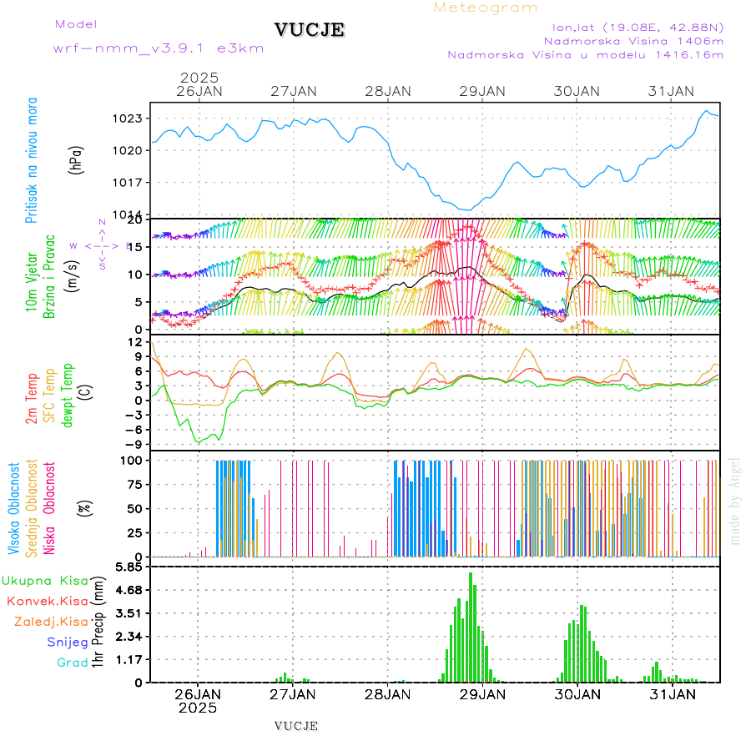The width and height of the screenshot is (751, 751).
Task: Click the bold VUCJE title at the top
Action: tap(310, 30)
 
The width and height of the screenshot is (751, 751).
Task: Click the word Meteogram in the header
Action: tap(486, 8)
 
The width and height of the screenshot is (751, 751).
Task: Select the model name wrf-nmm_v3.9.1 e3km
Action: tap(159, 48)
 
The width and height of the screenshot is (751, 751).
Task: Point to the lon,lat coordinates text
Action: tap(632, 26)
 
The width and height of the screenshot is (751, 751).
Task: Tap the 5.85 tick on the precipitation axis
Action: tap(129, 567)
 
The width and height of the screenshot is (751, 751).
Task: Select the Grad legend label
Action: tap(73, 663)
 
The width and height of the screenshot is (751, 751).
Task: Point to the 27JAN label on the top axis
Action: tap(294, 91)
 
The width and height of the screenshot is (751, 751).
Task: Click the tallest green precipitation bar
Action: tap(471, 626)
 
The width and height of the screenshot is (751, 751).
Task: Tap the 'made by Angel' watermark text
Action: tap(735, 501)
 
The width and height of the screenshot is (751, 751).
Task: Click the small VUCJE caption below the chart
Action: tap(296, 725)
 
